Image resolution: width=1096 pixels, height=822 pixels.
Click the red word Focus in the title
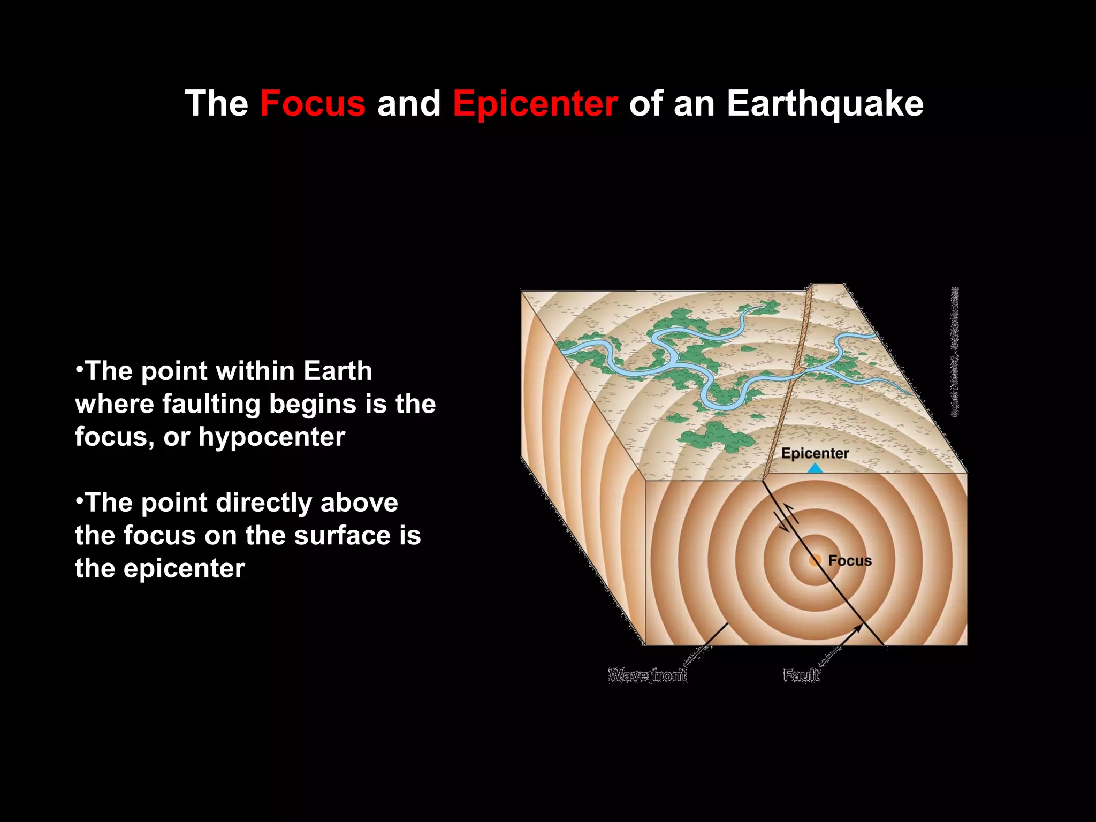point(313,103)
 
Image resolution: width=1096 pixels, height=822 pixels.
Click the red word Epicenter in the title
point(535,103)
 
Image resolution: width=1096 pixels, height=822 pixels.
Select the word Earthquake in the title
point(825,103)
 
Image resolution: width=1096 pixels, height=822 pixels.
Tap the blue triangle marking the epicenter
point(815,468)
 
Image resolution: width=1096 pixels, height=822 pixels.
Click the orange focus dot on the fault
point(815,560)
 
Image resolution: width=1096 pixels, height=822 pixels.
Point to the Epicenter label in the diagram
point(815,453)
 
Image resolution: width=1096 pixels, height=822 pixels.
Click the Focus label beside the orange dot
point(850,560)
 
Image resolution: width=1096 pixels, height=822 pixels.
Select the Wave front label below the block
point(647,675)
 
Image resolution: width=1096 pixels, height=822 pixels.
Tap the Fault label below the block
point(801,675)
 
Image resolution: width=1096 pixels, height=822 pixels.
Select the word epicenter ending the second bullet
point(184,568)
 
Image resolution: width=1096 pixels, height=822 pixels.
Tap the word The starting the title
point(217,103)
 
